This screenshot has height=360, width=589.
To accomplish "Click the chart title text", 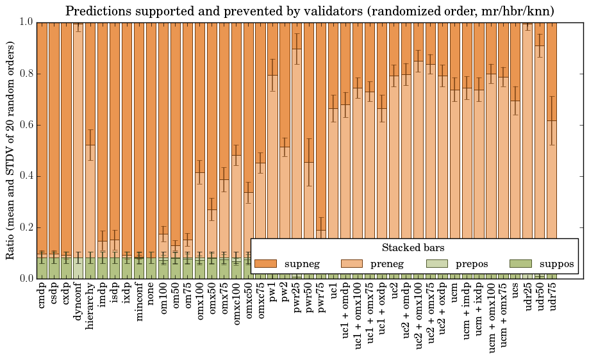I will click(x=310, y=11).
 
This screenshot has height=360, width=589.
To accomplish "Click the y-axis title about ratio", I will click(x=11, y=150).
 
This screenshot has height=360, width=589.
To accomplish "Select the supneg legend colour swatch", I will click(x=265, y=264).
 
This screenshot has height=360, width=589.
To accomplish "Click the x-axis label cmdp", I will click(x=42, y=295).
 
